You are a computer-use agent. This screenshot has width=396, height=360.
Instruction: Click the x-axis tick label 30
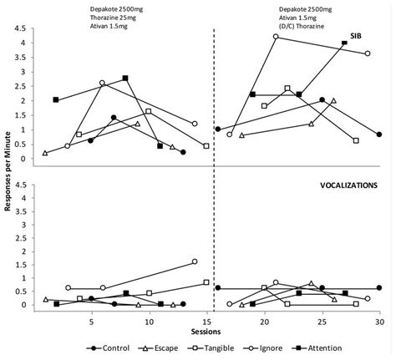coord(378,320)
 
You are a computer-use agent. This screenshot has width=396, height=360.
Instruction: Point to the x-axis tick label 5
coord(91,320)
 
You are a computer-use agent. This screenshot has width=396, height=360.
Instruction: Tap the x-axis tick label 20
coord(264,320)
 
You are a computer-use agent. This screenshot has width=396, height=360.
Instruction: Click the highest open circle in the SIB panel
coord(276,37)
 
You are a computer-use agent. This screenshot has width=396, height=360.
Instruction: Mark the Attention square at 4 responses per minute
coord(344,43)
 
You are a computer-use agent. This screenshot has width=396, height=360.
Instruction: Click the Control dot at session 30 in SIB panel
coord(378,134)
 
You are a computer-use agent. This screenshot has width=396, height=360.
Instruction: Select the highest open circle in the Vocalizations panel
coord(195,261)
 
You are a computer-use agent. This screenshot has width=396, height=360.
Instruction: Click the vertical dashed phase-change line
coord(214,167)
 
